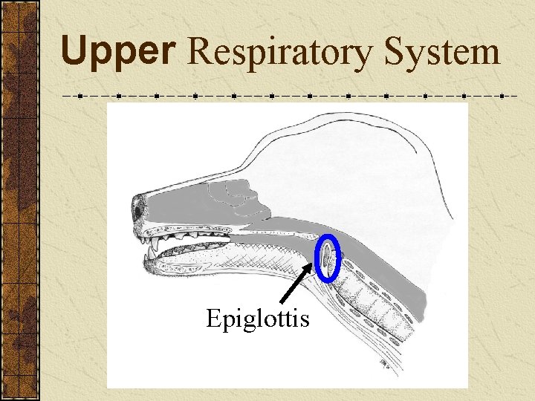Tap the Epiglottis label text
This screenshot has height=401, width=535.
(257, 319)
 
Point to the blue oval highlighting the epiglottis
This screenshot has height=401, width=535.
(328, 258)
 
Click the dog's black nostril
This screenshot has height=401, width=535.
(139, 209)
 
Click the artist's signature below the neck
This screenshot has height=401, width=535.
(383, 363)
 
